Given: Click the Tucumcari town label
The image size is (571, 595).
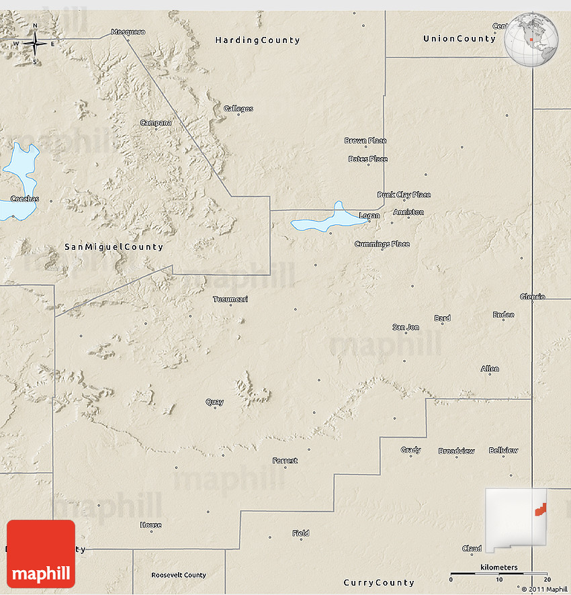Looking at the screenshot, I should (x=230, y=299).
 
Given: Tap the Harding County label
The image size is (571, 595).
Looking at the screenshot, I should (x=257, y=40).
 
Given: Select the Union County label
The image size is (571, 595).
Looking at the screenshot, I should (x=459, y=39).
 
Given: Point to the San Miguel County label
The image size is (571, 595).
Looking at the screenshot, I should (x=114, y=247).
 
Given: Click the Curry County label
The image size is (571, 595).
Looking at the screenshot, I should (x=378, y=582).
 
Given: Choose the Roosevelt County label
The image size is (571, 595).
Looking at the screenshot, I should (x=178, y=576).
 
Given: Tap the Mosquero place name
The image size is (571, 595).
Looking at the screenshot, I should (x=128, y=32).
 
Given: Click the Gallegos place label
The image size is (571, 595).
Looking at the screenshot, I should (x=238, y=109).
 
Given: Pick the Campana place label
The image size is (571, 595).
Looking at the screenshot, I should (x=155, y=123).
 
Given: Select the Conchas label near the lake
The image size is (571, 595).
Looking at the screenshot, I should (x=25, y=199).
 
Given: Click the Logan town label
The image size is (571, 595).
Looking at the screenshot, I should (x=369, y=216).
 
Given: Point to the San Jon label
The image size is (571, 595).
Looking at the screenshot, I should (x=406, y=327).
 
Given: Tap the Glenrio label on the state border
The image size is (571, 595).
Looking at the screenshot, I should (x=532, y=296).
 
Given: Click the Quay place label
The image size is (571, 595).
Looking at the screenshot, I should (x=214, y=402).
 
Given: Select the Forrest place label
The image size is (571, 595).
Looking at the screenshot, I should (x=285, y=461).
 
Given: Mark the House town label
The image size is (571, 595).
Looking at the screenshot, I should (x=150, y=525).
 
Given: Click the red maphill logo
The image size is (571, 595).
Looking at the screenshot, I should (x=41, y=554).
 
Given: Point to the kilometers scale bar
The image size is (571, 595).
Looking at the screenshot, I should (x=498, y=574).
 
